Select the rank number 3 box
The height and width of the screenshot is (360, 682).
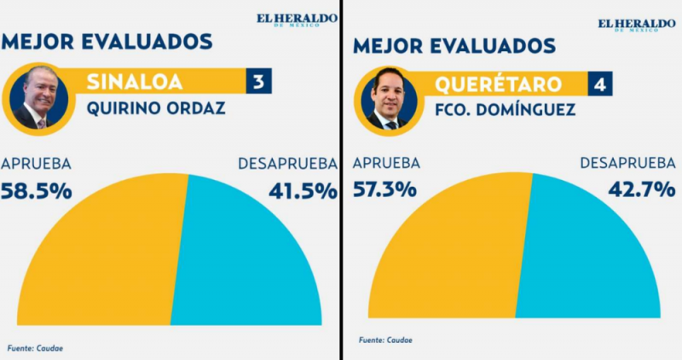click(257, 82)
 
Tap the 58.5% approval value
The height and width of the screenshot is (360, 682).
click(37, 190)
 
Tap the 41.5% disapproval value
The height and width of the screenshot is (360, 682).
click(303, 190)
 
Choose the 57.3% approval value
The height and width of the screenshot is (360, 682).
click(386, 189)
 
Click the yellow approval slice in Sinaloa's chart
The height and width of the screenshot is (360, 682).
click(102, 264)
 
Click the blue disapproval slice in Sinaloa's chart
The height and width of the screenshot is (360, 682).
click(247, 264)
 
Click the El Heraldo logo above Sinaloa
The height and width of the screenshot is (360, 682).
click(287, 19)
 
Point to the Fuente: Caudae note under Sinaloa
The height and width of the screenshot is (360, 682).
click(36, 347)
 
